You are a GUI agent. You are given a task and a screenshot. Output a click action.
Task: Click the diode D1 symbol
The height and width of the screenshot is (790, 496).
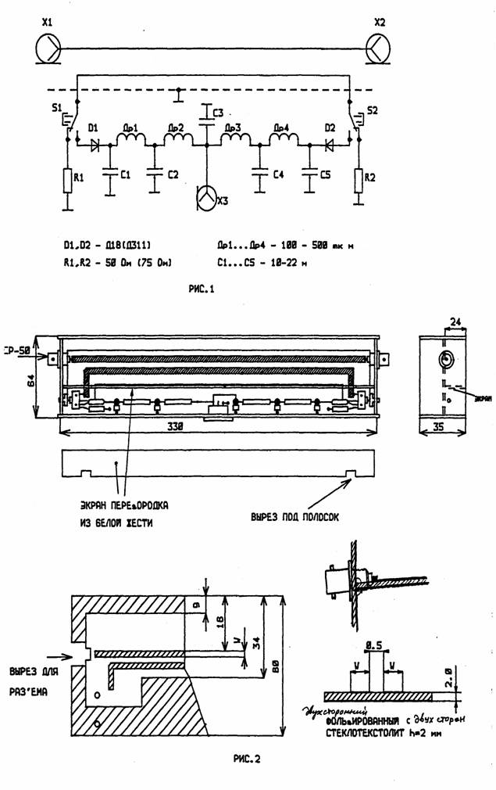pyautogui.click(x=95, y=144)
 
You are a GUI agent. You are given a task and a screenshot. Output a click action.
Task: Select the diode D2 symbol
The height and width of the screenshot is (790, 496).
pyautogui.click(x=330, y=144)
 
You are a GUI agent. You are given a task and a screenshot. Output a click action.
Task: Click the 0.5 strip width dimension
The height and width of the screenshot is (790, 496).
pyautogui.click(x=373, y=645)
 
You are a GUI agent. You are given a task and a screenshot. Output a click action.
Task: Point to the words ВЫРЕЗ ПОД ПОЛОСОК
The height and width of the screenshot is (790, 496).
pyautogui.click(x=294, y=517)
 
